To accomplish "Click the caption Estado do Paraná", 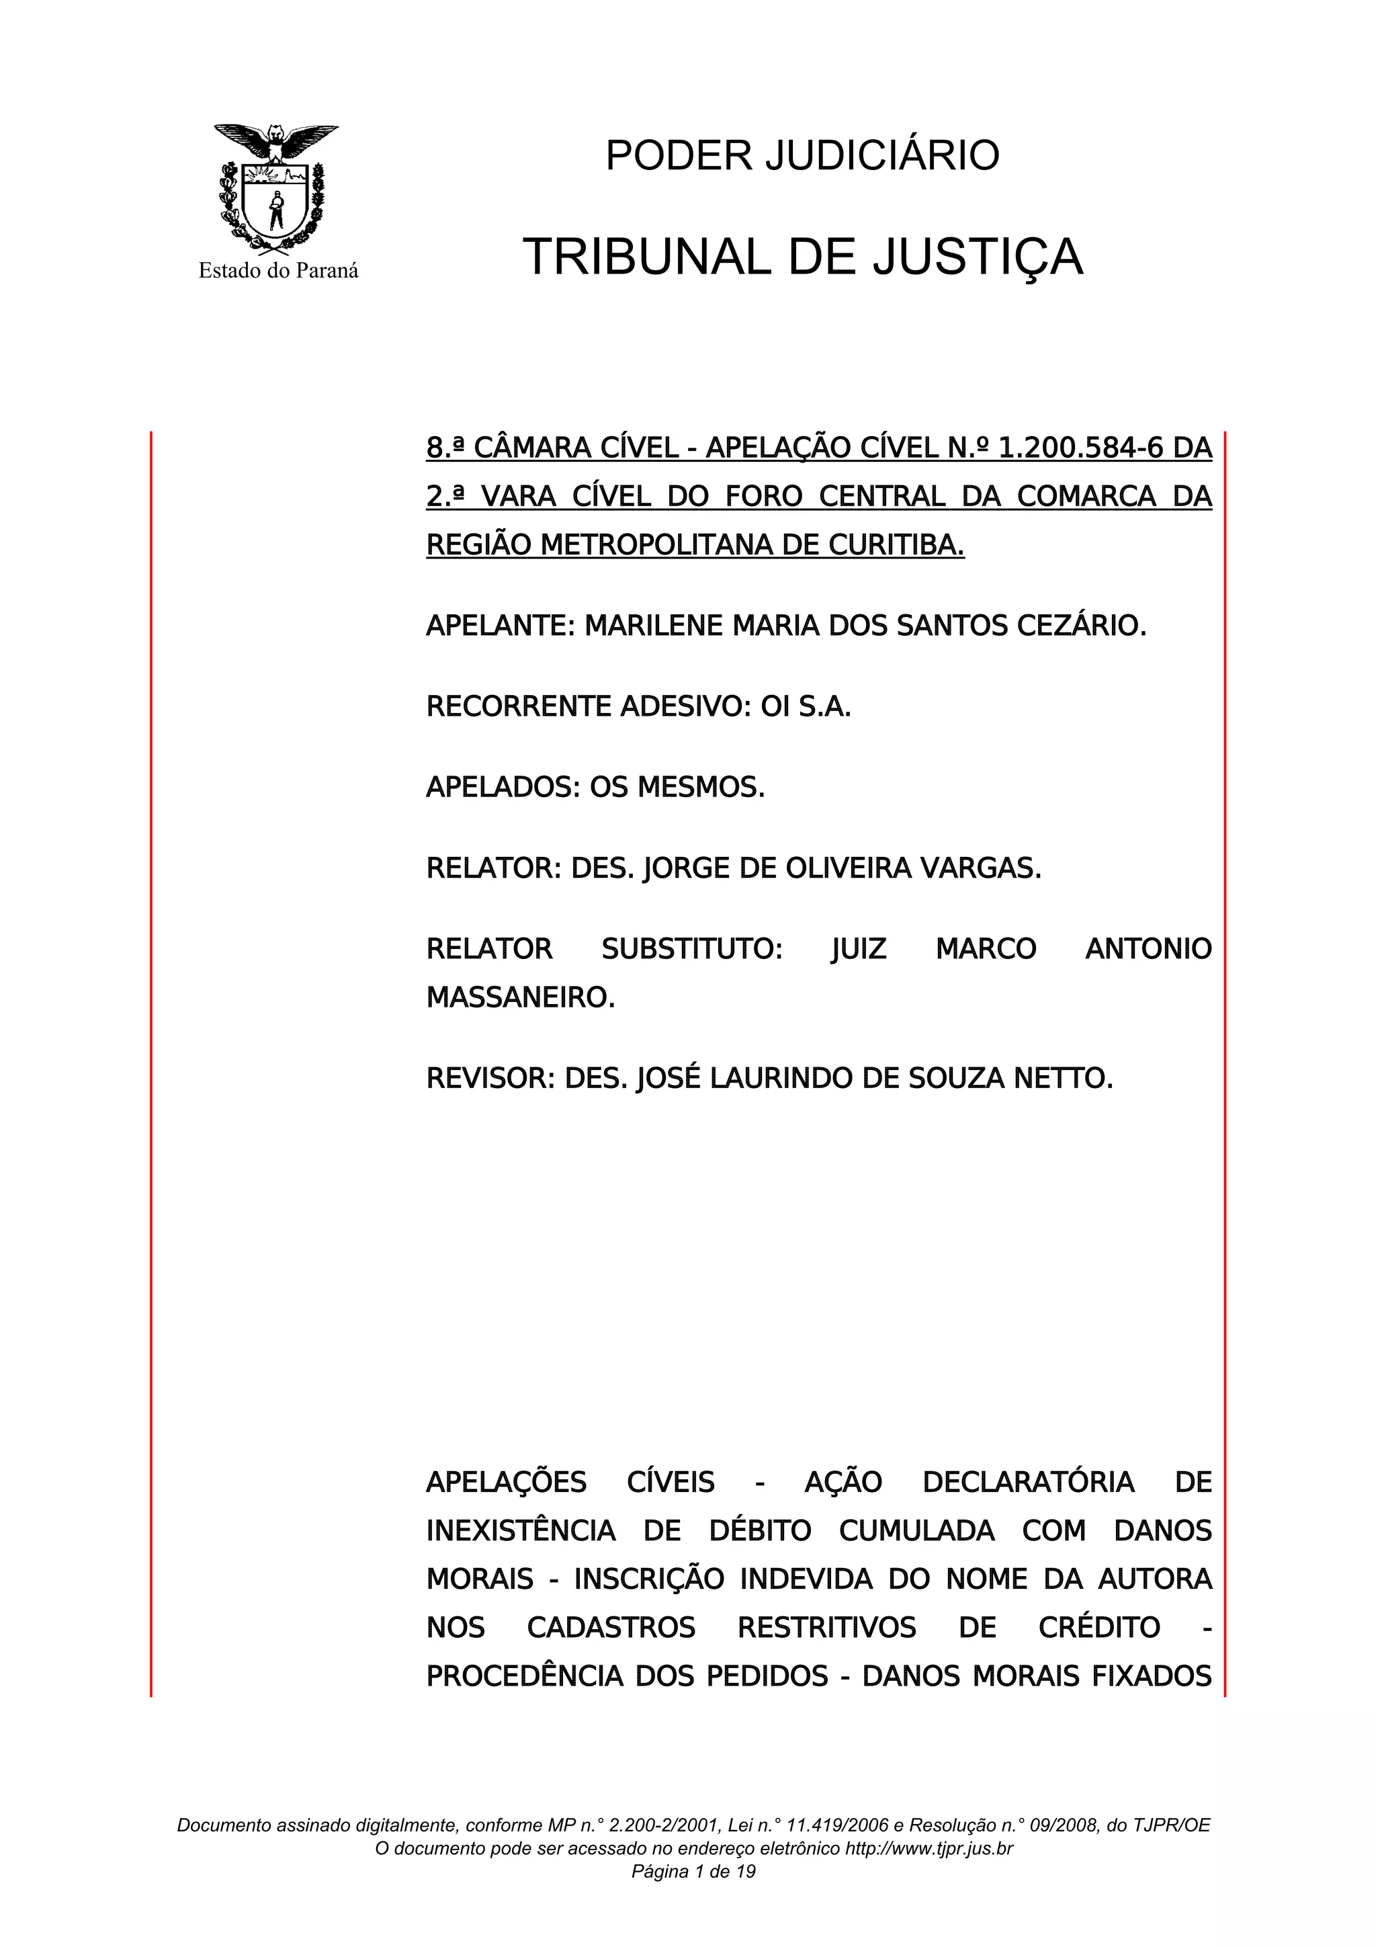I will point(278,272).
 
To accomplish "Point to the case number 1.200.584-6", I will point(1081,448).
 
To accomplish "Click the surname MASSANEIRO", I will point(521,998).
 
